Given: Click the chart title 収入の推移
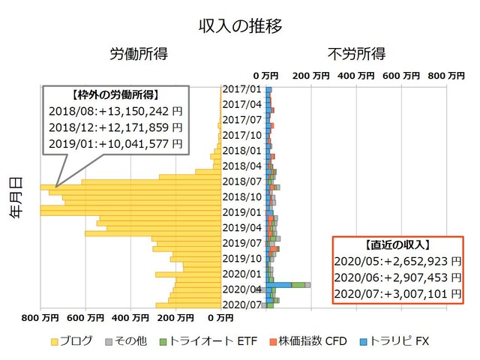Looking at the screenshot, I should (240, 25).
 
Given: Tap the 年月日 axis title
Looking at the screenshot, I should (16, 197).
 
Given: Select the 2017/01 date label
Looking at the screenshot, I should (242, 89).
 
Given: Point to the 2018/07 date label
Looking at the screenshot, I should (242, 181).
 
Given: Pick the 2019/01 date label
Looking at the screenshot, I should (242, 212).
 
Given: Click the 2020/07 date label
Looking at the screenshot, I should (242, 304).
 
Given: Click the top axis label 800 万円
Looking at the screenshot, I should (446, 75).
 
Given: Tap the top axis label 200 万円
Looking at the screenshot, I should (311, 75).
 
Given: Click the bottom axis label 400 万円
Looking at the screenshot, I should (131, 318).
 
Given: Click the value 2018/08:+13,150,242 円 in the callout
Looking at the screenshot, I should (116, 111).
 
